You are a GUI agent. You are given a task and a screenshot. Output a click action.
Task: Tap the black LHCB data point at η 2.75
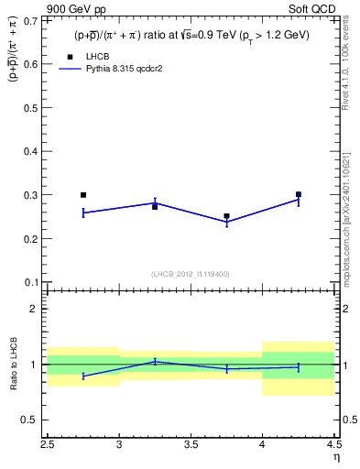tap(83, 195)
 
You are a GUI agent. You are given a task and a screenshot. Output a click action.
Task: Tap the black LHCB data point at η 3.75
tap(226, 216)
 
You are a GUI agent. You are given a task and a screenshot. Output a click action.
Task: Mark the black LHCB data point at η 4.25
tap(299, 194)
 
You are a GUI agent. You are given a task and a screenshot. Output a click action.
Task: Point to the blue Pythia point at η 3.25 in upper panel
tap(155, 202)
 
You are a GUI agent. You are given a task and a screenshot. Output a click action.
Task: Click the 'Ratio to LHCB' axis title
tap(12, 365)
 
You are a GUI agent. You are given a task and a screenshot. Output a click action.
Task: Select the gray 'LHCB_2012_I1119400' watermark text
tap(191, 274)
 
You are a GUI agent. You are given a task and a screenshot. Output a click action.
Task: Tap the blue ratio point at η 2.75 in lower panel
tap(83, 376)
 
